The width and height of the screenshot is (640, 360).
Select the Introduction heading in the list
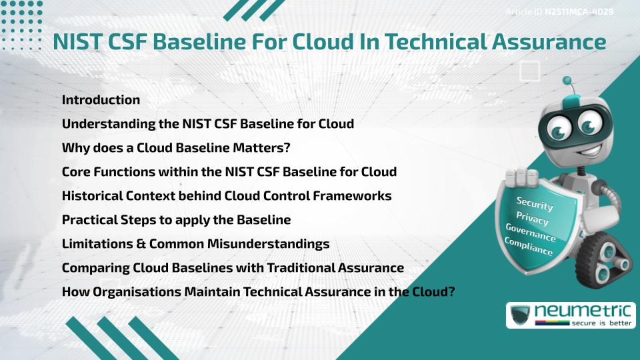[101, 100]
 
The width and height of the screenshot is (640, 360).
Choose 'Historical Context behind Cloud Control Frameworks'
[226, 196]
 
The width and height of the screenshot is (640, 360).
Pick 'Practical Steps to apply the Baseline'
[176, 220]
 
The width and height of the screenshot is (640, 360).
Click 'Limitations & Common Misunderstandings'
[195, 244]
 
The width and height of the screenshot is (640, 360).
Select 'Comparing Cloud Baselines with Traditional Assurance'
[233, 268]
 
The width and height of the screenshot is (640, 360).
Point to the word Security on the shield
[535, 204]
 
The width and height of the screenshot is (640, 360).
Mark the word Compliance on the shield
[529, 247]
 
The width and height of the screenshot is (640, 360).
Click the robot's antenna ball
[567, 81]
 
